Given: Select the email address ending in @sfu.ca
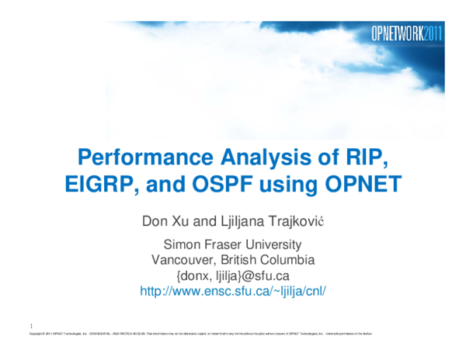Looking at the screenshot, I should click(233, 275).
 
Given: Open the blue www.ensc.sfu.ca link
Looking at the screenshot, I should click(233, 291).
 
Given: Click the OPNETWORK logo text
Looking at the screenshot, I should click(397, 34).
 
